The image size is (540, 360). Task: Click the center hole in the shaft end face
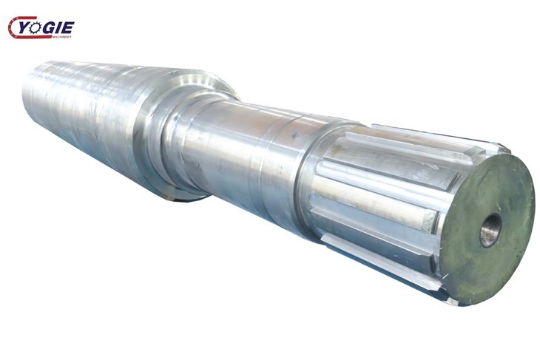490,230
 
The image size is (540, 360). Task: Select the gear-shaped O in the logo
38,27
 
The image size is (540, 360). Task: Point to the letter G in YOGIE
52,27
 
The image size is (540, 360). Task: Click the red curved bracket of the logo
13,28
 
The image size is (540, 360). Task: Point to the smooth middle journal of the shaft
237,159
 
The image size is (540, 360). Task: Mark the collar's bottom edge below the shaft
181,196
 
